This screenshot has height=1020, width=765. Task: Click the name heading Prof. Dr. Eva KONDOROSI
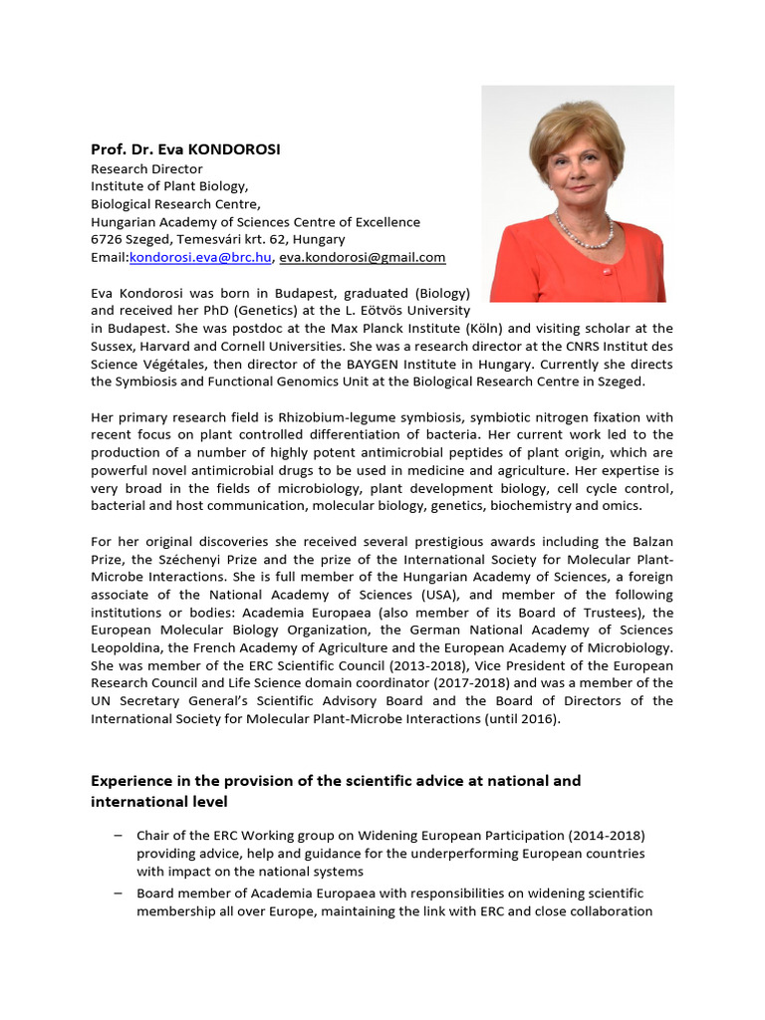[x=185, y=149]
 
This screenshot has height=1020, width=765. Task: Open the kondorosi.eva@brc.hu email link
[x=200, y=257]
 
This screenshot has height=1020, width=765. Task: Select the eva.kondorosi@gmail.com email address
[x=362, y=257]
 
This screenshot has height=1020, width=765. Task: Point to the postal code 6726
[x=106, y=239]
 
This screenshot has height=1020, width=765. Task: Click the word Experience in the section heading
[x=130, y=781]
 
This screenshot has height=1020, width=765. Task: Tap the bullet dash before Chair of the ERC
[x=119, y=835]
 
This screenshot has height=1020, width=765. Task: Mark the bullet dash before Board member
[x=119, y=892]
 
